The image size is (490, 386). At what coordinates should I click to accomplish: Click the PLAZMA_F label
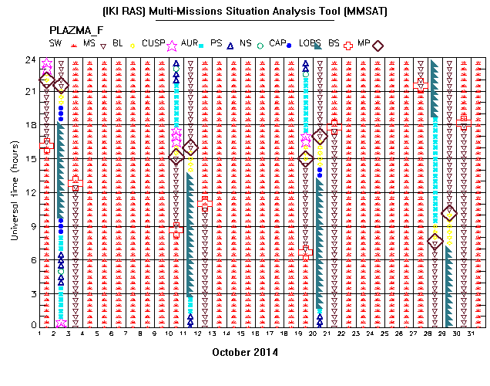[x=76, y=30]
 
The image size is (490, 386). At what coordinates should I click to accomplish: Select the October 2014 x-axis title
[x=245, y=352]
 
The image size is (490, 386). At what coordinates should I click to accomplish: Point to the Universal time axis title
[x=15, y=191]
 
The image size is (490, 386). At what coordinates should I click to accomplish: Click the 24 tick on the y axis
[x=31, y=59]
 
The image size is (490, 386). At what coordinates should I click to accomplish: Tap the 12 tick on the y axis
[x=31, y=192]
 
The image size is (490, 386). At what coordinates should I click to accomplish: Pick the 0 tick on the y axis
[x=34, y=325]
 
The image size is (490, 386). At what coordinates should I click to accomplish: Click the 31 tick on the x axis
[x=471, y=334]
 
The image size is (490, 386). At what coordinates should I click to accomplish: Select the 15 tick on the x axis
[x=240, y=334]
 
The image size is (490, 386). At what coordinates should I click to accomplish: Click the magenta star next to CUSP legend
[x=172, y=46]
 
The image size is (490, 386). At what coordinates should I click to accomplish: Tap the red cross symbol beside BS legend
[x=348, y=46]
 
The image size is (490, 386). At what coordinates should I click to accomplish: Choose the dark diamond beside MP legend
[x=378, y=46]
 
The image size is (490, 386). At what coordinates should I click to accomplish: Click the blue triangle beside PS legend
[x=230, y=46]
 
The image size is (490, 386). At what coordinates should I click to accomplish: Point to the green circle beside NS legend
[x=260, y=46]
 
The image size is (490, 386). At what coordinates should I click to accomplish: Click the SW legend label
[x=55, y=43]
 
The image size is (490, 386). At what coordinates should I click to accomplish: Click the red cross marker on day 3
[x=76, y=183]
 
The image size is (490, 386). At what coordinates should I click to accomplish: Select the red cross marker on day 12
[x=205, y=204]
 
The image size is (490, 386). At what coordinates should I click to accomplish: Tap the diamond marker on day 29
[x=449, y=214]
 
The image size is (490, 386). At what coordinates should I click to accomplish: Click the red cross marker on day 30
[x=464, y=123]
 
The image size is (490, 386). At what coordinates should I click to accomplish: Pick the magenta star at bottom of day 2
[x=61, y=323]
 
